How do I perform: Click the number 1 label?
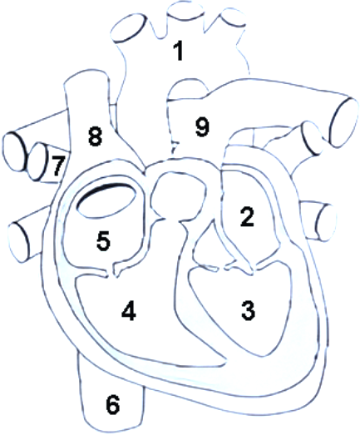pos(179,50)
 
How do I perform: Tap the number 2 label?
pos(247,216)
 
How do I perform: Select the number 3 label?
pos(248,311)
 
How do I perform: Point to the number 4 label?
pos(129,311)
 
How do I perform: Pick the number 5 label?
pos(103,241)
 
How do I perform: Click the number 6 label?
pos(113,405)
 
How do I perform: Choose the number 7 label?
pos(57,166)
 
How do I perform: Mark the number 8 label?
pos(95,136)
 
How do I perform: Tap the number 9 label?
pos(202,127)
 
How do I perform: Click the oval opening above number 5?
pos(106,200)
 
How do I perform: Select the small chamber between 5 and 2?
pos(178,195)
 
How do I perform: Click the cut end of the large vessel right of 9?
pos(343,122)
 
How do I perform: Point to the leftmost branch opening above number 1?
pos(129,27)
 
